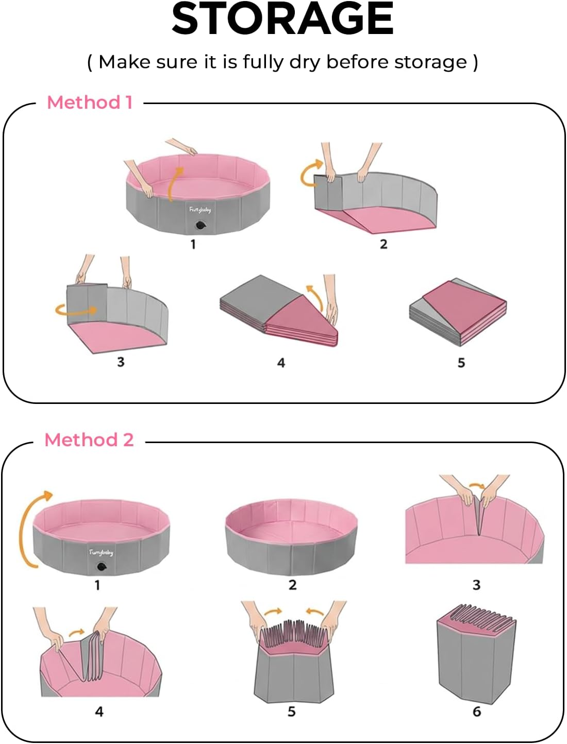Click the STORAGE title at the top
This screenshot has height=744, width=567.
tap(282, 20)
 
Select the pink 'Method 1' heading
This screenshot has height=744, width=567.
tap(90, 102)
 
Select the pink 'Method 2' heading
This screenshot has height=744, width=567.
tap(89, 439)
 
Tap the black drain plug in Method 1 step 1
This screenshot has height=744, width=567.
tap(199, 225)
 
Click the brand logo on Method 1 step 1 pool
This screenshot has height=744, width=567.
tap(200, 209)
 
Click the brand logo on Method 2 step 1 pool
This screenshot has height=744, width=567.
tap(101, 552)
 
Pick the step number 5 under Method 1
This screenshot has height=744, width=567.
tap(461, 363)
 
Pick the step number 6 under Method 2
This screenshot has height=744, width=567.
tap(477, 712)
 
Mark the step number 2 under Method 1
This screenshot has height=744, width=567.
tap(383, 244)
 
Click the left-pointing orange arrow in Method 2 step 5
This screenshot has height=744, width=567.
tap(314, 612)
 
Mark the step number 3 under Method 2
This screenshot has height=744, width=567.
tap(476, 585)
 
